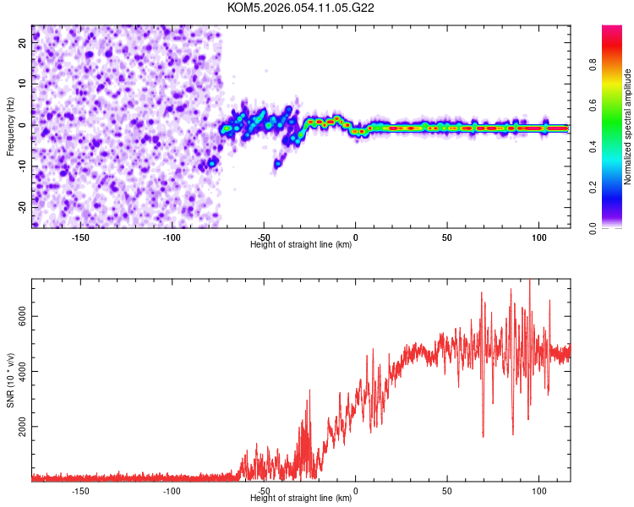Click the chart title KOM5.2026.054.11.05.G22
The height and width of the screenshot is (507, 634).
pyautogui.click(x=301, y=8)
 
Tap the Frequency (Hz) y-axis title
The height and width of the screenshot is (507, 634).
pyautogui.click(x=10, y=126)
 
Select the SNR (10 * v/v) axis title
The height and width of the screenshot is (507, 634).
pyautogui.click(x=10, y=380)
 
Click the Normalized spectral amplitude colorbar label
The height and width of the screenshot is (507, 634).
pyautogui.click(x=628, y=127)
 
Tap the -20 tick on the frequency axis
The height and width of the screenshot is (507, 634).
pyautogui.click(x=23, y=207)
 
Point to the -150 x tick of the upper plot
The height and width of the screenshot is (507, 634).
pyautogui.click(x=80, y=237)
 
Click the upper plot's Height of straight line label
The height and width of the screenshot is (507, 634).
pyautogui.click(x=301, y=245)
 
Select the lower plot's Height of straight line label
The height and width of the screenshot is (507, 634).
pyautogui.click(x=301, y=499)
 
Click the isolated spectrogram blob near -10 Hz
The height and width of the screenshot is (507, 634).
pyautogui.click(x=278, y=162)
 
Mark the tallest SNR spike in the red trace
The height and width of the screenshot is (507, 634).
pyautogui.click(x=530, y=281)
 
